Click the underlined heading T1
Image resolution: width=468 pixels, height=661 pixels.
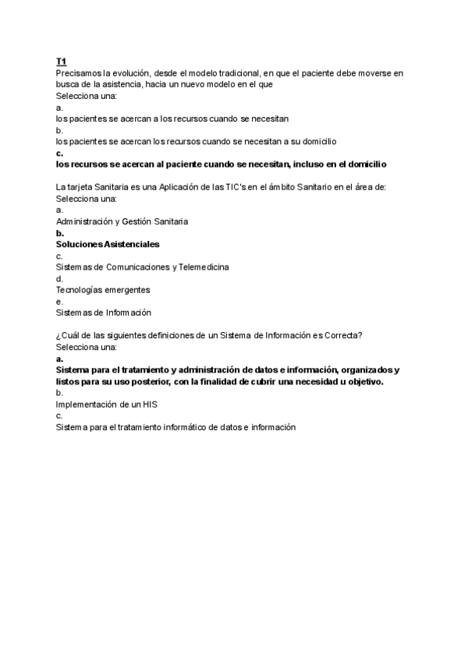(x=61, y=62)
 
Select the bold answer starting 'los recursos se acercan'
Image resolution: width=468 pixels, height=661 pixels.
(x=221, y=164)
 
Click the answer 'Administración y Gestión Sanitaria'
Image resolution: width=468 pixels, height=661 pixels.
(x=122, y=221)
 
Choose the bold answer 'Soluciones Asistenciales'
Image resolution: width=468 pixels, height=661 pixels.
(x=107, y=244)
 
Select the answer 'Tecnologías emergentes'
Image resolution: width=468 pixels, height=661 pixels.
(x=103, y=289)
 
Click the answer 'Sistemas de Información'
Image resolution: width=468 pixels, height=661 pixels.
(x=103, y=313)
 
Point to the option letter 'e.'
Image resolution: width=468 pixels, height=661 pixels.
(x=60, y=301)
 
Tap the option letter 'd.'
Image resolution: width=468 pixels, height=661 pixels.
(x=60, y=278)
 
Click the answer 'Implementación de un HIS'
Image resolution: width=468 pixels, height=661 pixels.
(x=112, y=405)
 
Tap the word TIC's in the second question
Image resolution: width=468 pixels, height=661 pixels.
(x=234, y=187)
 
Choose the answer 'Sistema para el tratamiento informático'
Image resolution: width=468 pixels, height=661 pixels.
(x=175, y=427)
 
